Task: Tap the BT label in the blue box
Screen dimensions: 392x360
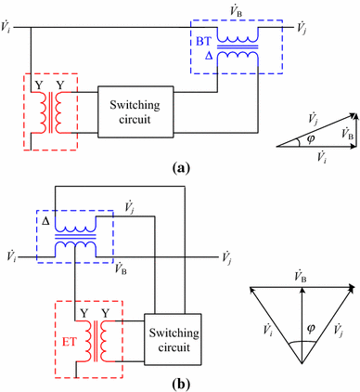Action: [x=203, y=42]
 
